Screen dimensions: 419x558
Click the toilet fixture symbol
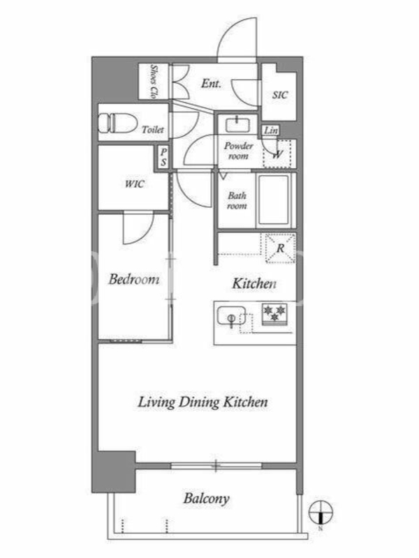click(117, 123)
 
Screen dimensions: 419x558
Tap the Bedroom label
click(134, 279)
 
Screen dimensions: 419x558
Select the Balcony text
click(206, 499)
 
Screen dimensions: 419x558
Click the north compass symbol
click(321, 513)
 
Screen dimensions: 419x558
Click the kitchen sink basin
click(231, 316)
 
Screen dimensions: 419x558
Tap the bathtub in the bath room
click(274, 200)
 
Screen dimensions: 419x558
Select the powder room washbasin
click(237, 125)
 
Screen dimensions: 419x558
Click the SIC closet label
click(280, 95)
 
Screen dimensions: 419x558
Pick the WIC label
click(135, 184)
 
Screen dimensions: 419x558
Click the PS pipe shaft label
click(163, 157)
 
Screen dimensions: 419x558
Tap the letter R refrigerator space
click(281, 248)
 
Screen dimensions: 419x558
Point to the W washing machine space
click(277, 154)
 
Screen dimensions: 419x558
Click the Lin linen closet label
click(271, 130)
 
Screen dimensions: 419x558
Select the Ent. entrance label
click(211, 83)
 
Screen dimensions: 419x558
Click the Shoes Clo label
click(154, 81)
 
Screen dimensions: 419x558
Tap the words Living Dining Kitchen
click(203, 402)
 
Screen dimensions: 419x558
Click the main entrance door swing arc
click(228, 31)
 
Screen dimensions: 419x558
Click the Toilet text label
click(153, 130)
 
